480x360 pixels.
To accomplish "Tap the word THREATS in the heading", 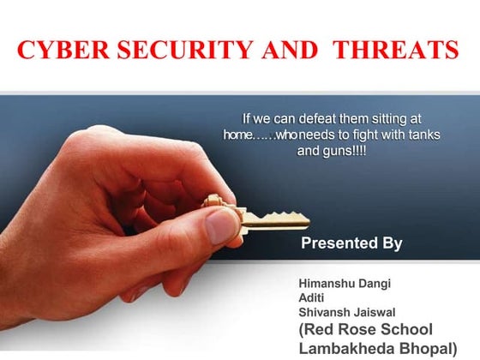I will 395,49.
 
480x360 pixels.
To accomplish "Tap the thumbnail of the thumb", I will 222,225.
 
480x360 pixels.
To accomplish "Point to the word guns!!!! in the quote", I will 347,151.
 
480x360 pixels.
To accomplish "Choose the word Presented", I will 337,243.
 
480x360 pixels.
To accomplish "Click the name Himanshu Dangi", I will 340,282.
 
